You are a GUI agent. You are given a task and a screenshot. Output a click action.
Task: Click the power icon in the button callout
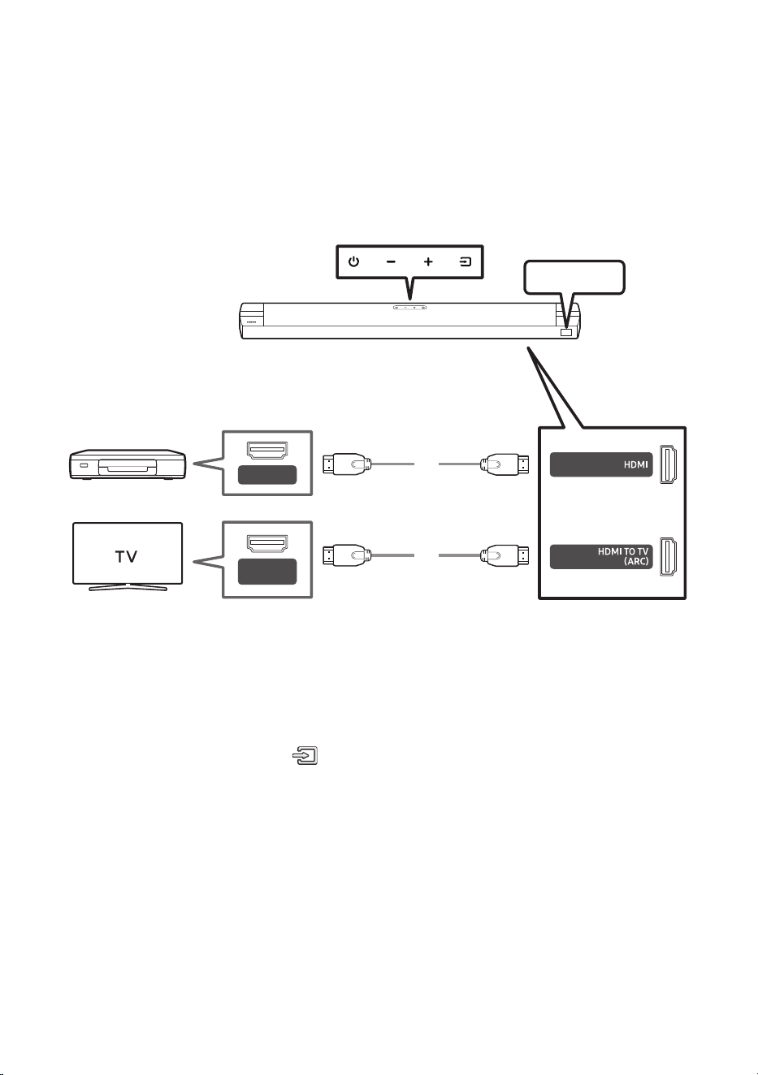point(353,261)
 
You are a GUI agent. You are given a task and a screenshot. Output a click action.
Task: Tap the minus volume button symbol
point(391,261)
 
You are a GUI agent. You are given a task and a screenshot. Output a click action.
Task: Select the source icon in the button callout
point(466,261)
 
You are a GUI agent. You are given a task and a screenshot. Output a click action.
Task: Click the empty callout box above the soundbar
point(574,278)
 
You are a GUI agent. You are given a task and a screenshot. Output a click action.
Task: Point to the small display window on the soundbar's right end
point(566,332)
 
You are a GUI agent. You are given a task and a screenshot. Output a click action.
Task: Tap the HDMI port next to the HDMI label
point(668,464)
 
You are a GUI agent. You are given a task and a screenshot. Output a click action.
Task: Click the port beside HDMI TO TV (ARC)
point(668,556)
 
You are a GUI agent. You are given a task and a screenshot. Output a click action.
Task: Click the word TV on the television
point(127,556)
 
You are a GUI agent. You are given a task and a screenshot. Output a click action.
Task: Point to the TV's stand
point(128,587)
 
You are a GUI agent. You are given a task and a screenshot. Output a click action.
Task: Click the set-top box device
point(128,464)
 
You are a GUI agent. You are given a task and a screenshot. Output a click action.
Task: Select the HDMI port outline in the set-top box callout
point(267,450)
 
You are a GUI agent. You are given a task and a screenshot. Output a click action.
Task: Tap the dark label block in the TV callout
point(267,571)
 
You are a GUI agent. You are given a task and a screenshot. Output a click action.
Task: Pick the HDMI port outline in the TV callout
point(267,543)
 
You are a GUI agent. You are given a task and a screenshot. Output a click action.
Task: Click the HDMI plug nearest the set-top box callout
point(346,464)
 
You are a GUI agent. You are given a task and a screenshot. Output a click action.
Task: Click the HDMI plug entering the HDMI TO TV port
point(505,555)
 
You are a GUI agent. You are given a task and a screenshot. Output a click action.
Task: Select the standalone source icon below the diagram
point(305,755)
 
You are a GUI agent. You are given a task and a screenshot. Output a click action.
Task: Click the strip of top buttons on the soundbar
point(409,307)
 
